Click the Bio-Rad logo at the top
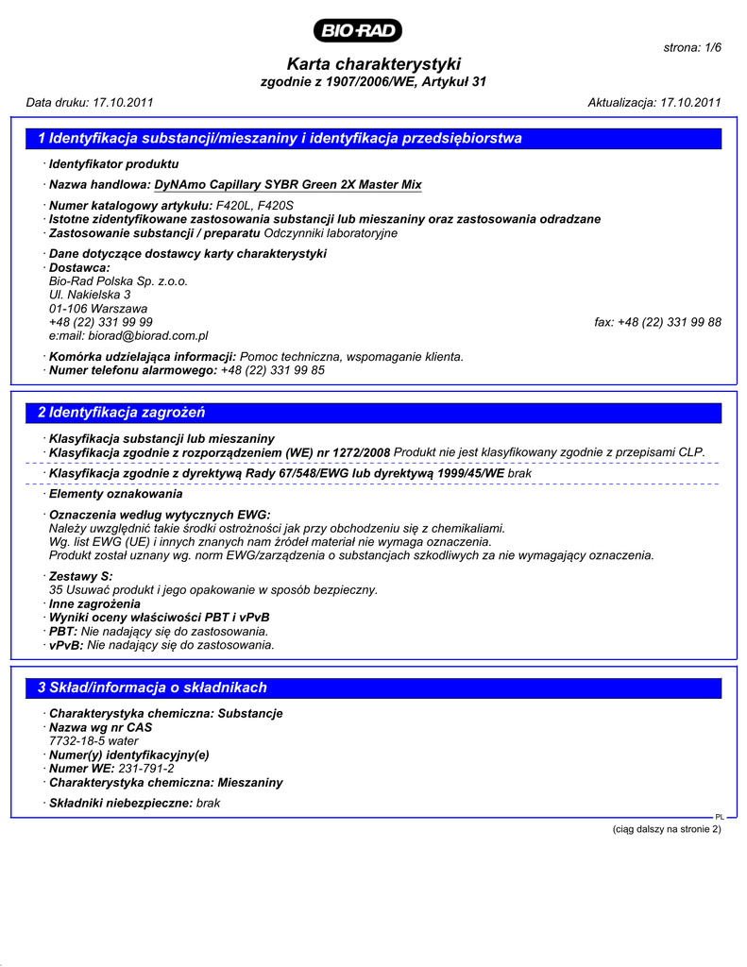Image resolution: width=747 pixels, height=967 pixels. (360, 31)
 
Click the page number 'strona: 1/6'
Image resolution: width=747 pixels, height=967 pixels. (693, 47)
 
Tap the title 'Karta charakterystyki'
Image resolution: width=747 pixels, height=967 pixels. (373, 64)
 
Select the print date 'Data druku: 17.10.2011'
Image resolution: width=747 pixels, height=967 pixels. (90, 102)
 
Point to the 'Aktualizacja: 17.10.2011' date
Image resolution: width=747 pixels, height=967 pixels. (654, 102)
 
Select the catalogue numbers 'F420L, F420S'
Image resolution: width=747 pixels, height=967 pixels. (254, 205)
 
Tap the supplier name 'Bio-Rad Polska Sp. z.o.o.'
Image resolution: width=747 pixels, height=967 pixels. (118, 281)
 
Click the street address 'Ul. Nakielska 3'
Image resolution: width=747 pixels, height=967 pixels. (90, 295)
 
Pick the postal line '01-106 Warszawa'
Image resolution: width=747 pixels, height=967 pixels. (98, 309)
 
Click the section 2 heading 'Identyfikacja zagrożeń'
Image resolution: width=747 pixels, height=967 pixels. (122, 413)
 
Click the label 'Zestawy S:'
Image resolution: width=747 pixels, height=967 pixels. (80, 576)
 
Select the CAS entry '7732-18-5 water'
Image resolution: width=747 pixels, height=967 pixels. (93, 741)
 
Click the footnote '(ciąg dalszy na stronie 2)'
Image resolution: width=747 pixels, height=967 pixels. (667, 829)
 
